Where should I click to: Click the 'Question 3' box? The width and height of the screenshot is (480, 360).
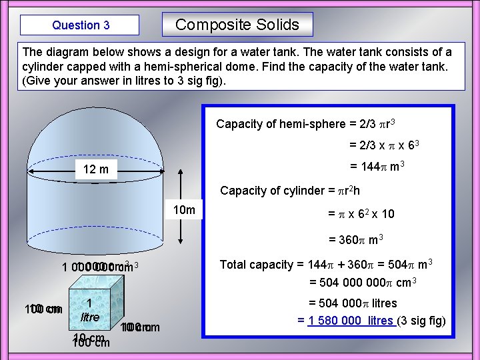pos(80,25)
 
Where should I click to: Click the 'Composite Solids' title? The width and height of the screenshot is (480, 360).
pos(237,25)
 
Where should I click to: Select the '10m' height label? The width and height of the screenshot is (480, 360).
pos(184,211)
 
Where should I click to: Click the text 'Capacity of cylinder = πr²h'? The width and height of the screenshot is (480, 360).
pos(291,191)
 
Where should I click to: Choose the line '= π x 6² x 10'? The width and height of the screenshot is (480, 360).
pos(361,215)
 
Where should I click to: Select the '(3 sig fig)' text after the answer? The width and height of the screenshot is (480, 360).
pos(421,321)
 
